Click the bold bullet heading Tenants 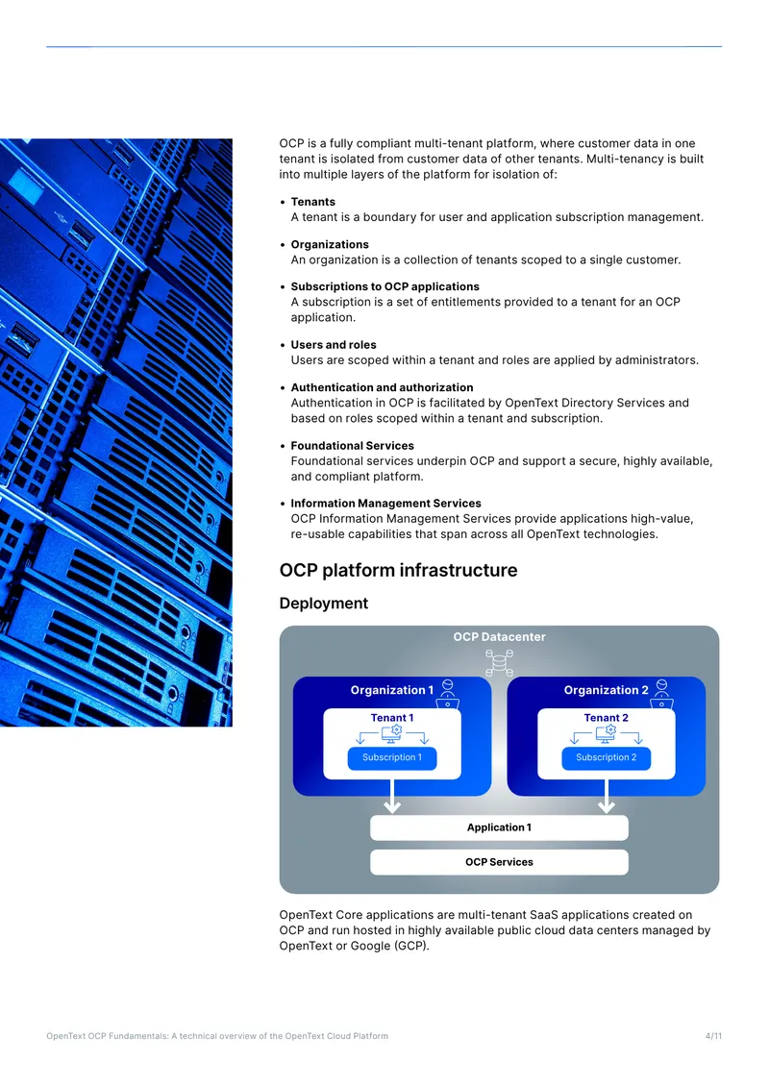pyautogui.click(x=313, y=202)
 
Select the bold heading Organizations pyautogui.click(x=330, y=244)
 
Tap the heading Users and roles pyautogui.click(x=334, y=345)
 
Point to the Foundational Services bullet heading pyautogui.click(x=352, y=445)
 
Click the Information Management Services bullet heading pyautogui.click(x=385, y=504)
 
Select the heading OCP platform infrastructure pyautogui.click(x=398, y=570)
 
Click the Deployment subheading pyautogui.click(x=324, y=604)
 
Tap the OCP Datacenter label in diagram pyautogui.click(x=500, y=636)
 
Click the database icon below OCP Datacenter pyautogui.click(x=499, y=663)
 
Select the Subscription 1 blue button pyautogui.click(x=392, y=757)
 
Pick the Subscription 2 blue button pyautogui.click(x=607, y=757)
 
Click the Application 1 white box pyautogui.click(x=500, y=827)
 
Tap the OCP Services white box pyautogui.click(x=500, y=862)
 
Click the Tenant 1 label pyautogui.click(x=392, y=718)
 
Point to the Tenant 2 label pyautogui.click(x=607, y=718)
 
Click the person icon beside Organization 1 pyautogui.click(x=448, y=693)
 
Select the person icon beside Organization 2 pyautogui.click(x=661, y=693)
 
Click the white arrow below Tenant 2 pyautogui.click(x=607, y=796)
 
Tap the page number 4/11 pyautogui.click(x=713, y=1036)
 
